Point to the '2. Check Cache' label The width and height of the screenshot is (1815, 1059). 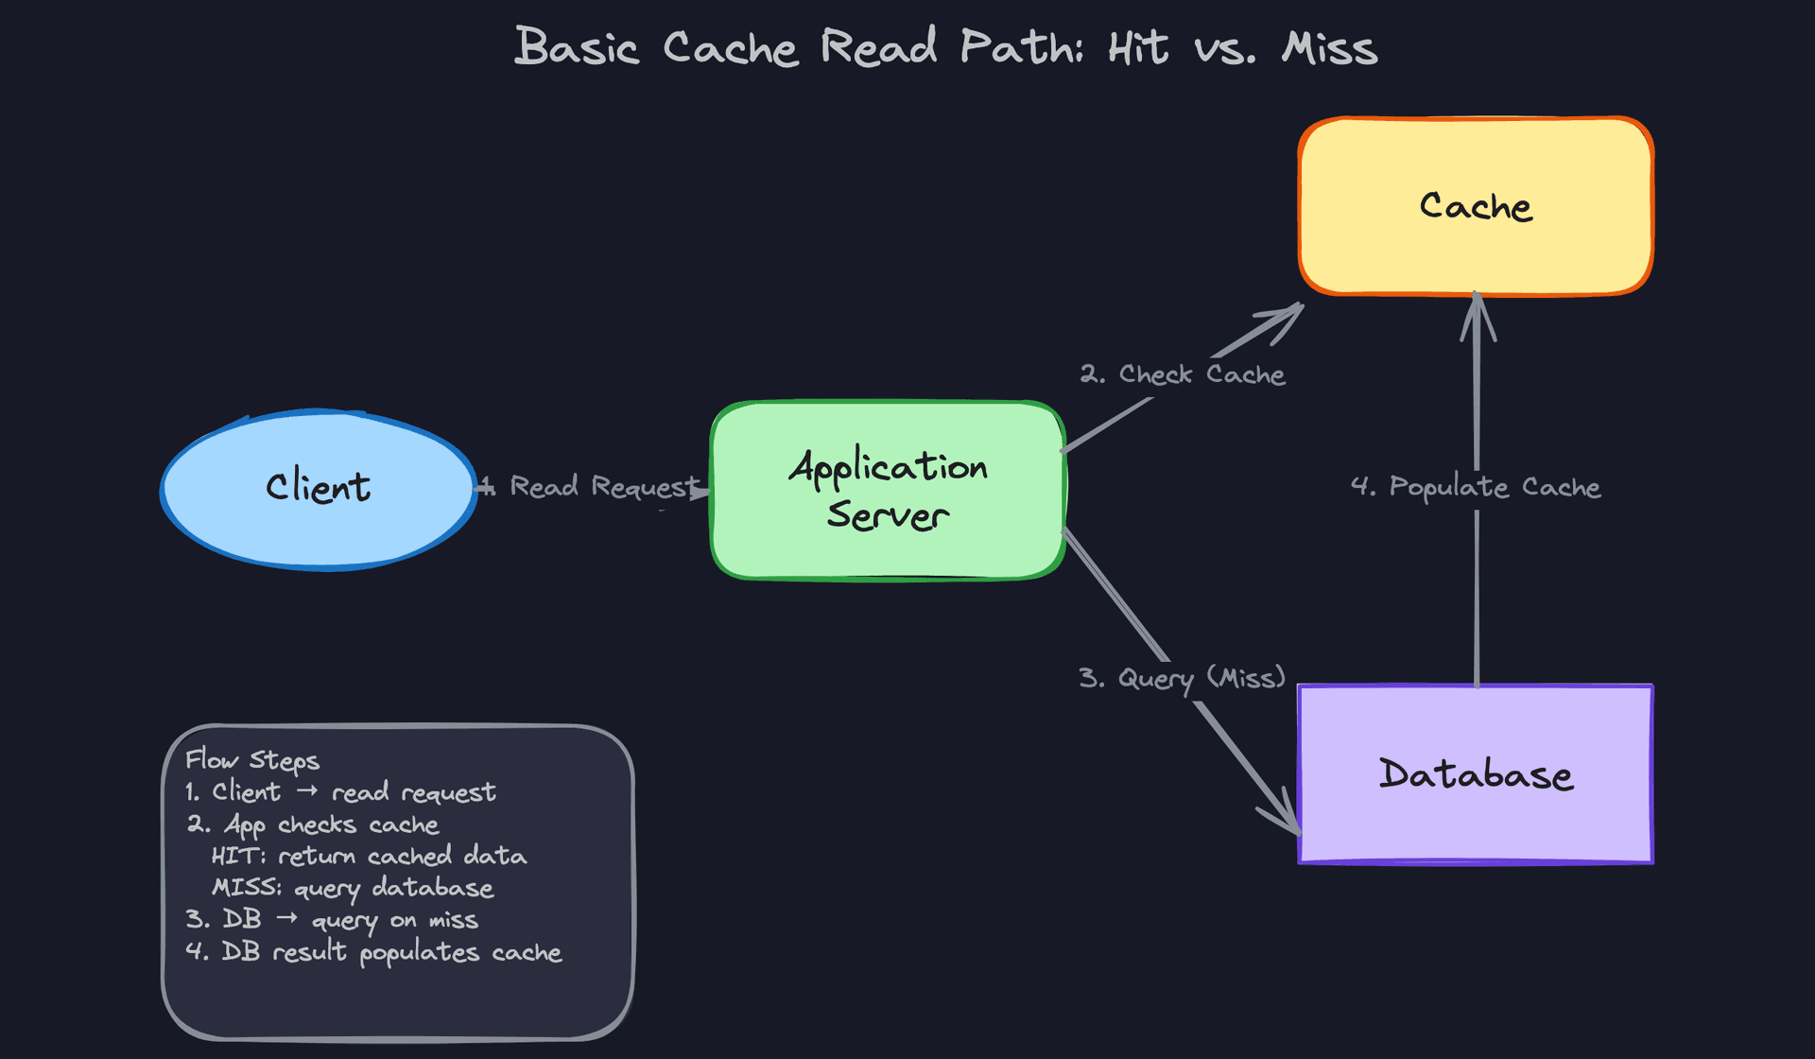(x=1183, y=374)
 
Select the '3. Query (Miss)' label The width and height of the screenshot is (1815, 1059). (x=1183, y=678)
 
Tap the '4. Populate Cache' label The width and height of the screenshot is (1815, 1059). (x=1476, y=487)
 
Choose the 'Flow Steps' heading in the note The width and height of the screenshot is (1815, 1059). (x=252, y=760)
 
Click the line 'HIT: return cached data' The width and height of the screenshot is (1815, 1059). (x=369, y=857)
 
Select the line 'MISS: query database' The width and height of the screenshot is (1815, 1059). (x=353, y=889)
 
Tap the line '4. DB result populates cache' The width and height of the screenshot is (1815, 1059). (x=373, y=952)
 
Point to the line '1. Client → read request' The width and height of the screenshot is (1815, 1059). (x=340, y=792)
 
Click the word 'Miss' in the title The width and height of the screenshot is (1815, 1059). (x=1329, y=47)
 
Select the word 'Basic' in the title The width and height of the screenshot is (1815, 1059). (x=577, y=47)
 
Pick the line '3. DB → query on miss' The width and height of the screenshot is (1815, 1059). (x=332, y=920)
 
